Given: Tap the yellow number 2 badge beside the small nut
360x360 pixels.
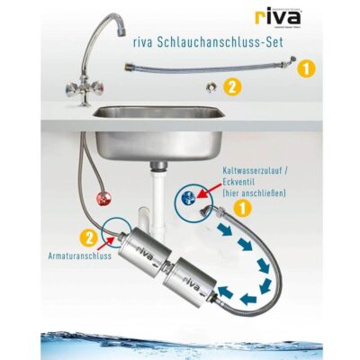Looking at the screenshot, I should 231,88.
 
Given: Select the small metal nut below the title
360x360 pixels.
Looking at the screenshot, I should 209,87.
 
